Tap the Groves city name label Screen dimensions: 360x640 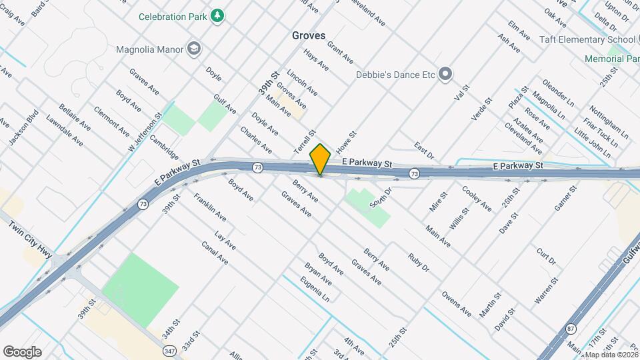tap(309, 35)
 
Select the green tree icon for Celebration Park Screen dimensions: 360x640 tap(217, 15)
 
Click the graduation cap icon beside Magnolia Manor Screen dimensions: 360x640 tap(194, 49)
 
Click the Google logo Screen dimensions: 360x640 tap(22, 352)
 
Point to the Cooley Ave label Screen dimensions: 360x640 tap(477, 199)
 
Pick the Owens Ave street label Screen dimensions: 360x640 tap(456, 303)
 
